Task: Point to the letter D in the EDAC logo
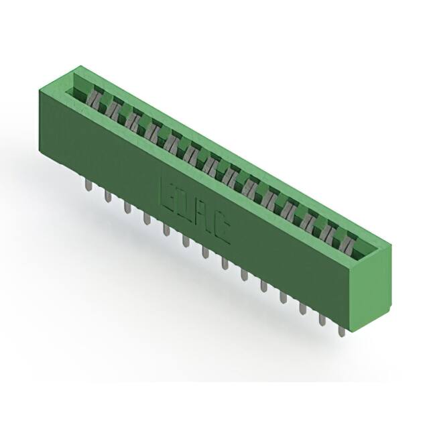pos(184,204)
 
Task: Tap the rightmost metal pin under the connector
pos(341,329)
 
